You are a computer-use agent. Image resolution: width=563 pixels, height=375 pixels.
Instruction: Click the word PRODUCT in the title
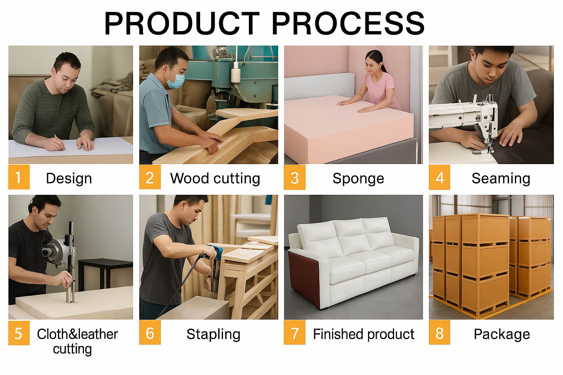(181, 23)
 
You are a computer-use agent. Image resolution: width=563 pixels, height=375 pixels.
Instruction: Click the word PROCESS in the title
(348, 23)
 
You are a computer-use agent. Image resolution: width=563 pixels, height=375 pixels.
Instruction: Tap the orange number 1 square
(19, 177)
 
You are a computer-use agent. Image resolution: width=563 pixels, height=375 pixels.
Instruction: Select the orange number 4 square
(439, 177)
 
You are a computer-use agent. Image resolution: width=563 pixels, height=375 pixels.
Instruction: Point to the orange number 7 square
(295, 333)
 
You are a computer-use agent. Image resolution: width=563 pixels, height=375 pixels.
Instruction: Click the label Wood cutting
(215, 179)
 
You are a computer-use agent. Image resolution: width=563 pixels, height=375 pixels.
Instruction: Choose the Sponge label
(358, 179)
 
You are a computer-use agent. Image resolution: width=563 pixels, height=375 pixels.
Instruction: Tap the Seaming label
(501, 179)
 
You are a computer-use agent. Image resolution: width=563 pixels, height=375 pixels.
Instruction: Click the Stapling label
(213, 334)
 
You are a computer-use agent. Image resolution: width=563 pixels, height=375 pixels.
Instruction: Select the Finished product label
(364, 334)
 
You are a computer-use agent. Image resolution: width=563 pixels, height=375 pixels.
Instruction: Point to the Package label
(502, 334)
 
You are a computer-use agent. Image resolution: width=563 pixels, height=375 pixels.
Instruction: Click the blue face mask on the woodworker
(175, 78)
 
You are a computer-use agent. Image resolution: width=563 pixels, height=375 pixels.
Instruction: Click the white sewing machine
(465, 118)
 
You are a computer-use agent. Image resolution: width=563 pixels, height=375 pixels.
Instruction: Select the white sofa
(353, 263)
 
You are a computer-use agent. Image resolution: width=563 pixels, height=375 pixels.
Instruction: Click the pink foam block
(348, 128)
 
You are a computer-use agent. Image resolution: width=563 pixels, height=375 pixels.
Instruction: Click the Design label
(69, 179)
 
